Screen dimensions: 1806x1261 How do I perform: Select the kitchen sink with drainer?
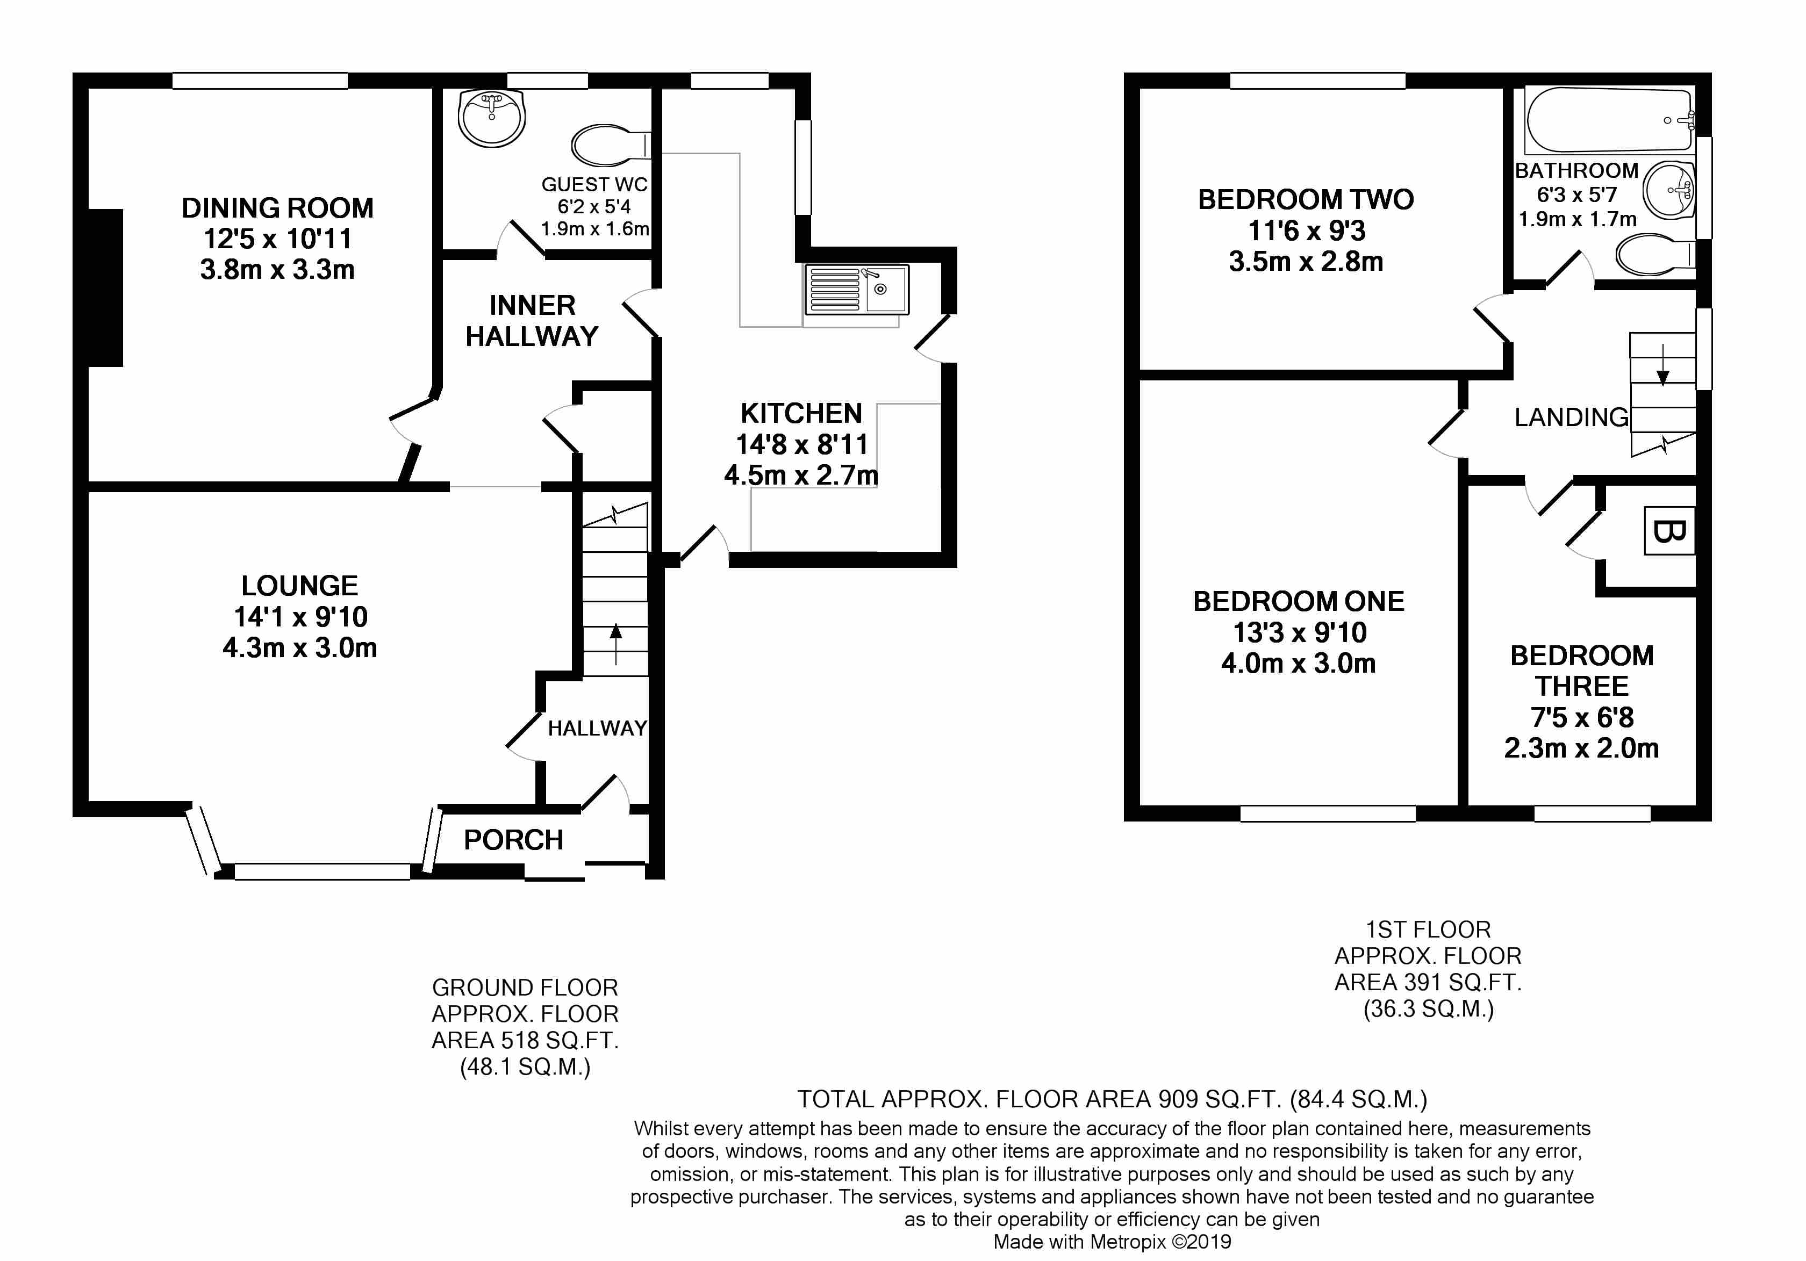pos(856,289)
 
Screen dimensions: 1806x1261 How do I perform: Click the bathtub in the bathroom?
pos(1609,121)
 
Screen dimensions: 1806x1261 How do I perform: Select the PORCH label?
pos(514,840)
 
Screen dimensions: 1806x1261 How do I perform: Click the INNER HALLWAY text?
pos(532,321)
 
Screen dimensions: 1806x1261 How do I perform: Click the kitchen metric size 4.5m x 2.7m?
pos(801,475)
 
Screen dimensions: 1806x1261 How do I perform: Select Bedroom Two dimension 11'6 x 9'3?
pos(1307,231)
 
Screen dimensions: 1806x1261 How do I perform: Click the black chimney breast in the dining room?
pos(105,288)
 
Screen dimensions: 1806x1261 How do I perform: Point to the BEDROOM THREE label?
pos(1582,671)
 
